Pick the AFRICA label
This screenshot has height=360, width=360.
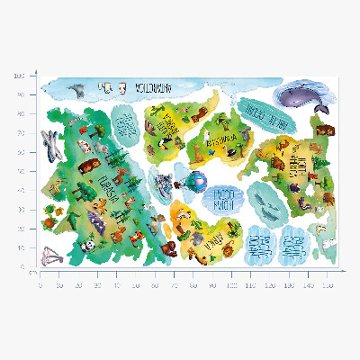click(216, 237)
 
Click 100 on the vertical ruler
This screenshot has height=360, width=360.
click(18, 76)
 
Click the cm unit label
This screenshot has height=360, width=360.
click(31, 271)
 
